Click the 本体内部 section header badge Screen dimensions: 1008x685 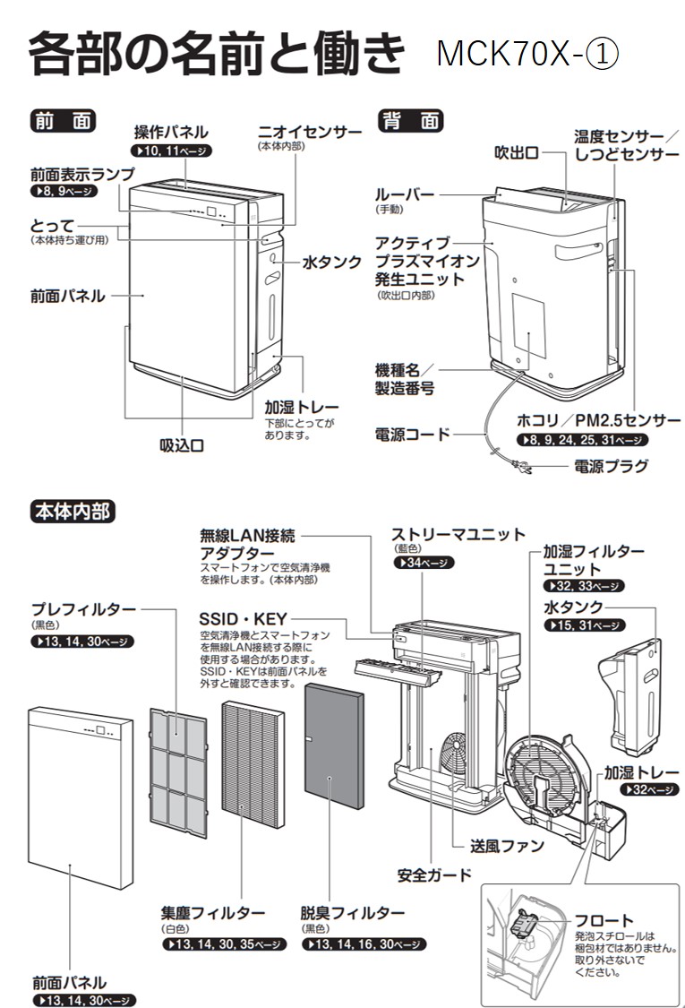pos(72,511)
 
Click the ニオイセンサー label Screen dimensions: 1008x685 pos(309,132)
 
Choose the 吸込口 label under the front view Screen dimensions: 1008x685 pos(181,445)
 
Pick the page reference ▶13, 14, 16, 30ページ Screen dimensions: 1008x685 pos(360,944)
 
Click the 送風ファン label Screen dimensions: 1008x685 pos(508,845)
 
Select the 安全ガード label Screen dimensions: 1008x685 pos(433,874)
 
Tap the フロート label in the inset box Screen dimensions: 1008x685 pos(603,920)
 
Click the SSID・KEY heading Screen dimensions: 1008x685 pos(243,619)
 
